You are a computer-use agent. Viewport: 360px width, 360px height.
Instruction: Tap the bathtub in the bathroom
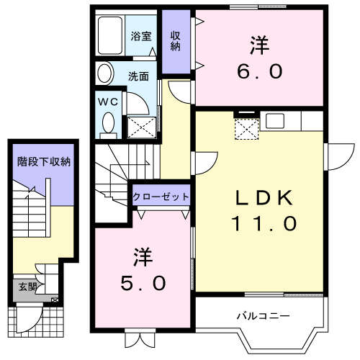(112, 34)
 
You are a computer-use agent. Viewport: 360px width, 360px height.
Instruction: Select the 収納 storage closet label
(175, 42)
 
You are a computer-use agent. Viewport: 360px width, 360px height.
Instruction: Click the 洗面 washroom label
(138, 74)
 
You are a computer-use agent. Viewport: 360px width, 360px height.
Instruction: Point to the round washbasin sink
(105, 73)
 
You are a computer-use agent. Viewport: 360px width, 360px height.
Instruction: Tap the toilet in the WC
(108, 125)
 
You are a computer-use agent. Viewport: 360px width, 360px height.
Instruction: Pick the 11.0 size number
(264, 223)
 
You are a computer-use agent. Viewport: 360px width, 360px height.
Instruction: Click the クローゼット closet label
(161, 196)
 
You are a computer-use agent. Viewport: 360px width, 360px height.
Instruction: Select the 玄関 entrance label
(25, 286)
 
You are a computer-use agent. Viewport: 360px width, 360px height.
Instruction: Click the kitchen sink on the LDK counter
(276, 120)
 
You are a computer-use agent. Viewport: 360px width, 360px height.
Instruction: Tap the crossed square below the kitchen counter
(247, 129)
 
